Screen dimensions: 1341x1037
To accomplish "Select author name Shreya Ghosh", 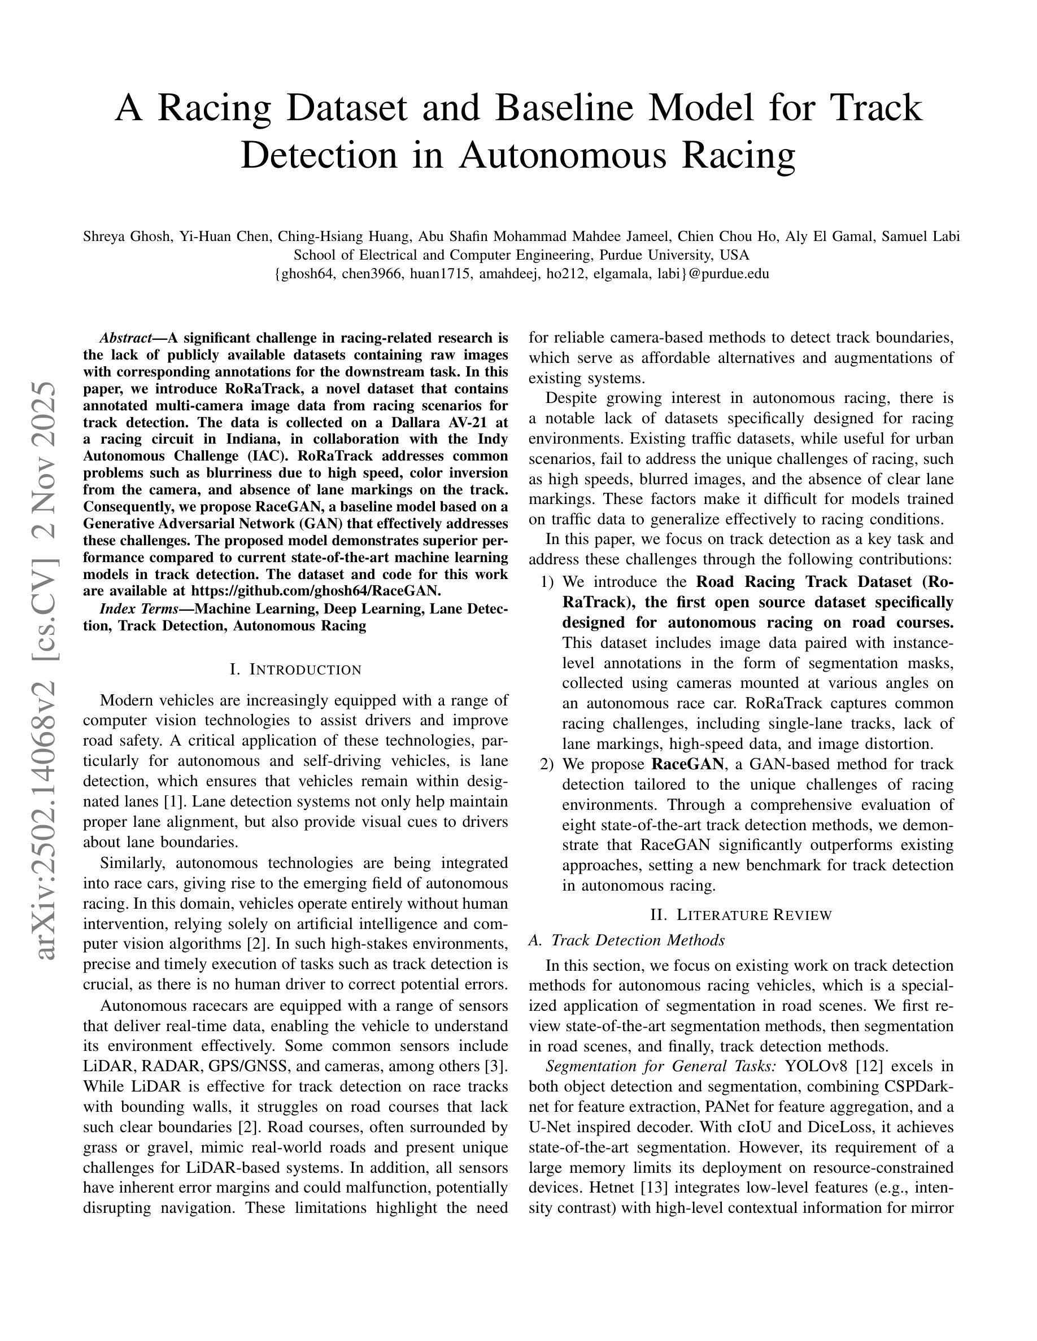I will (127, 236).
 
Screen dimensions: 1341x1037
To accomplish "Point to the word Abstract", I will (126, 338).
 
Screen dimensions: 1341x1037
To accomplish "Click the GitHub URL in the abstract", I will (316, 591).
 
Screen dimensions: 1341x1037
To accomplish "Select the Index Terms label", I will (138, 609).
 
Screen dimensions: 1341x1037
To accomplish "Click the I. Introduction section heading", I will (295, 669).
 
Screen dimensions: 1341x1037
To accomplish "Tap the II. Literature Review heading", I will (741, 915).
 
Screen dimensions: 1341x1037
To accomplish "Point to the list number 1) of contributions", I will (547, 582).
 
